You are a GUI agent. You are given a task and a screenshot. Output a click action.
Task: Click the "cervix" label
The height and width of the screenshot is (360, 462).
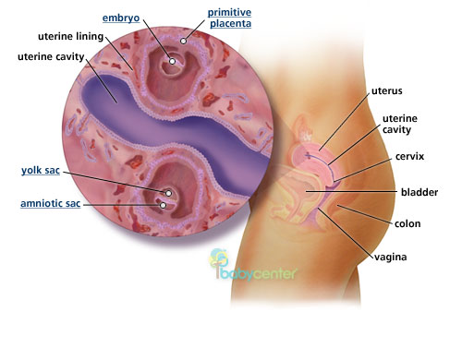click(x=404, y=157)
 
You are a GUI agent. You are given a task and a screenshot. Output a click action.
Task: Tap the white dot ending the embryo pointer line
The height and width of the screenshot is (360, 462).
click(x=172, y=61)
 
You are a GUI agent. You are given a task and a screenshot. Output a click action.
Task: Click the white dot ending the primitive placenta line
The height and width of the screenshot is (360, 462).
click(x=184, y=41)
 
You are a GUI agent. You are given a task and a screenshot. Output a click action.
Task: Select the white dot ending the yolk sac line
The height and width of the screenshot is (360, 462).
click(x=168, y=193)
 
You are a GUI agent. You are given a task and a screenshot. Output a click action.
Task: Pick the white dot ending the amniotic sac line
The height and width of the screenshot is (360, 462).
click(x=163, y=205)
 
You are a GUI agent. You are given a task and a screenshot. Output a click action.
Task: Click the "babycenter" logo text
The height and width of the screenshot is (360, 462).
click(x=234, y=274)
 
